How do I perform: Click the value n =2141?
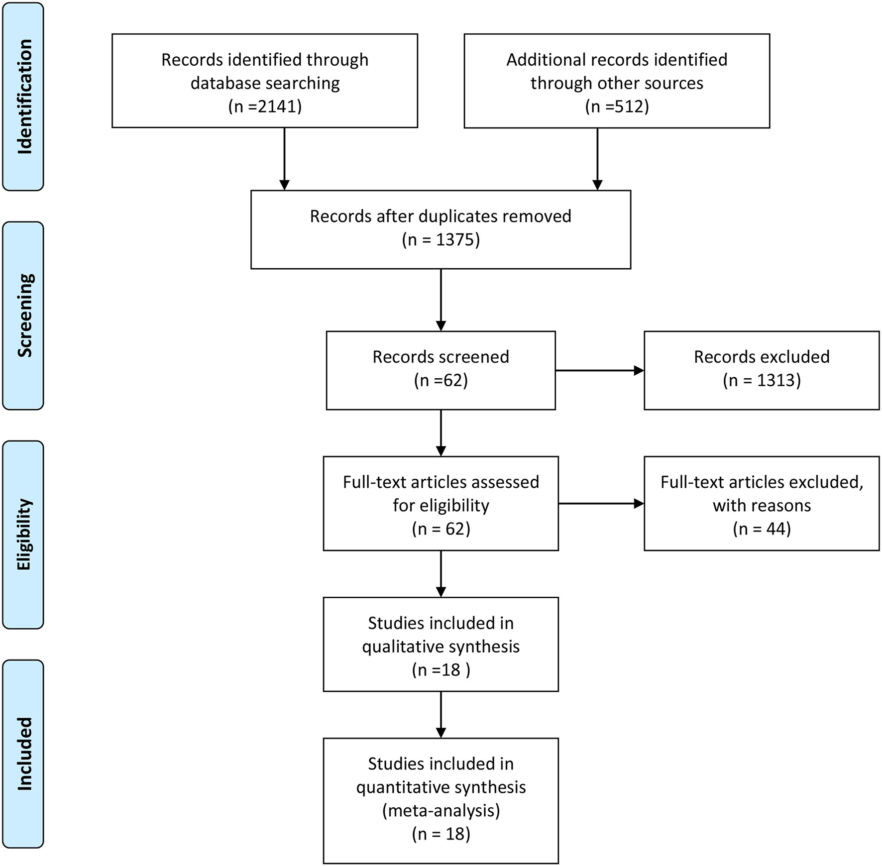click(265, 107)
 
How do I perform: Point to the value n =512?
click(617, 107)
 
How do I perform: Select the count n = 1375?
click(441, 240)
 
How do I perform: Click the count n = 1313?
click(762, 380)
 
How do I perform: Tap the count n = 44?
click(762, 529)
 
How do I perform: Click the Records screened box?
click(441, 370)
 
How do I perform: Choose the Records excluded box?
click(762, 370)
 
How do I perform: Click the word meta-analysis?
click(441, 811)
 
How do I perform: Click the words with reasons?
click(762, 505)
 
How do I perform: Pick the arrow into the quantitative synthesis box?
click(441, 714)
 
